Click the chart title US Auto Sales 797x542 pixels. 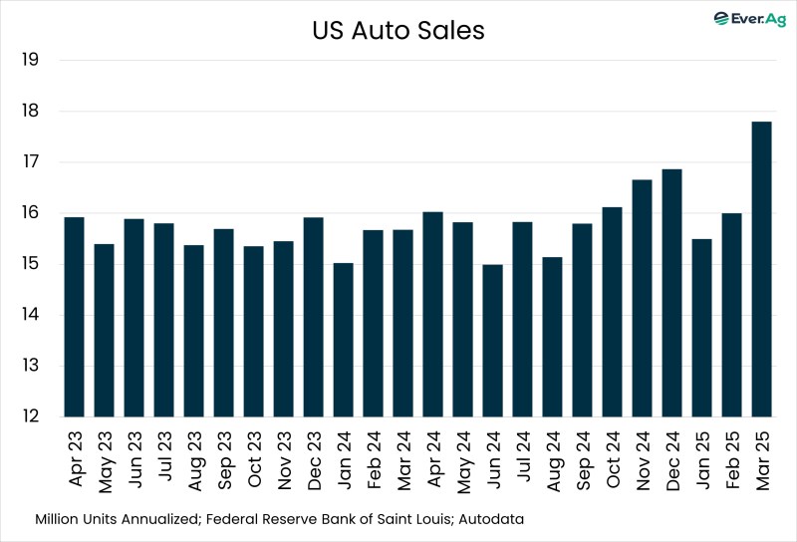398,31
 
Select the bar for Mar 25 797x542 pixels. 761,269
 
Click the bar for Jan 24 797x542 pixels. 343,340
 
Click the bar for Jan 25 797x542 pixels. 701,328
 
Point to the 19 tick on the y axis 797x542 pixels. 29,60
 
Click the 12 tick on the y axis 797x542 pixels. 29,417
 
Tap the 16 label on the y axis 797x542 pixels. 29,213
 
